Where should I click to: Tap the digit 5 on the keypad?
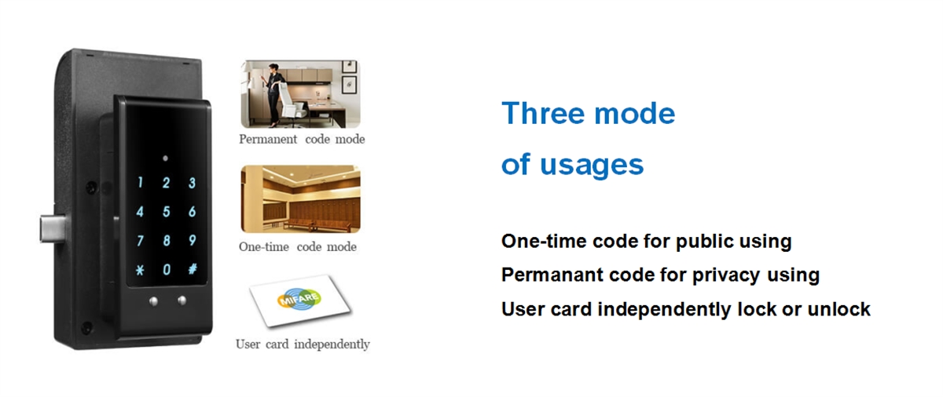tap(167, 211)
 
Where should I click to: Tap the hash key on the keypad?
tap(193, 269)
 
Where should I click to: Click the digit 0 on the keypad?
tap(167, 269)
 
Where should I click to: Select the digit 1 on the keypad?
tap(140, 182)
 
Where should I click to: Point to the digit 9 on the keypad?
tap(193, 240)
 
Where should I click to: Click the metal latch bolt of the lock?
tap(53, 228)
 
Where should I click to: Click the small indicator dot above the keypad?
tap(166, 158)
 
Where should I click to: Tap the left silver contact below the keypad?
tap(153, 301)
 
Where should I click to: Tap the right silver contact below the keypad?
tap(182, 300)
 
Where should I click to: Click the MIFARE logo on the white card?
tap(299, 299)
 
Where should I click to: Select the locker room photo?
tap(300, 198)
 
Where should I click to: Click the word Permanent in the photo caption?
tap(268, 139)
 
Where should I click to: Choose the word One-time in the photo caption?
tap(264, 246)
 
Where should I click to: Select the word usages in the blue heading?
tap(592, 165)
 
